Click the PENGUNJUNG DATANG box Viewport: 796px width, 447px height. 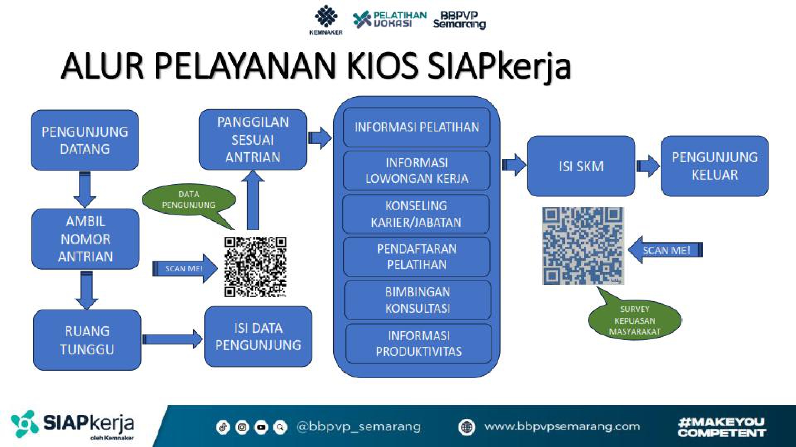(x=85, y=140)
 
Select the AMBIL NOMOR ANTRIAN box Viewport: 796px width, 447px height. (x=86, y=239)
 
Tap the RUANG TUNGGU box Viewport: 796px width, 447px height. (x=87, y=340)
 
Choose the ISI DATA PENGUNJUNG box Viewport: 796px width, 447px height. (x=258, y=337)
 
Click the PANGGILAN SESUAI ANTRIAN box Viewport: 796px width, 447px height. (x=253, y=140)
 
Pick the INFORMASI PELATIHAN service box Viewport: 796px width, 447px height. (x=417, y=127)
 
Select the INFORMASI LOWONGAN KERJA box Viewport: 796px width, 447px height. (x=417, y=170)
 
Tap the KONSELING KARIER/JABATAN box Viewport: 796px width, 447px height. (x=416, y=214)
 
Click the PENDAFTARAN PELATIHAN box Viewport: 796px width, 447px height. (x=417, y=257)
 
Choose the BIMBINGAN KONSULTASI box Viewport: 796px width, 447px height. (x=418, y=300)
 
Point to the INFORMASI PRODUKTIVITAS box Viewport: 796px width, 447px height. (x=419, y=344)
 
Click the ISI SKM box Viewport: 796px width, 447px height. (x=581, y=166)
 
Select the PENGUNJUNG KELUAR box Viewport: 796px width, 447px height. (x=715, y=166)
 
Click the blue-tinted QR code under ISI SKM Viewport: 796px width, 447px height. (x=583, y=246)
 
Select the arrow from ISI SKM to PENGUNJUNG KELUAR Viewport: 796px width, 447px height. (x=648, y=166)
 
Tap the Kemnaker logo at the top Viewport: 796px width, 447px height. (x=326, y=20)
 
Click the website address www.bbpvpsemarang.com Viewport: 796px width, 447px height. (x=562, y=427)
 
